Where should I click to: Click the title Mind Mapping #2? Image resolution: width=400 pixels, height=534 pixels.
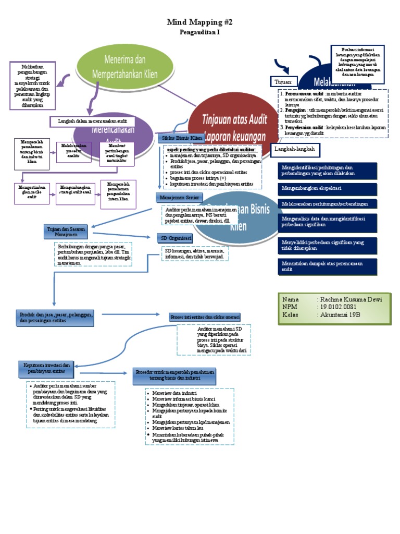point(199,22)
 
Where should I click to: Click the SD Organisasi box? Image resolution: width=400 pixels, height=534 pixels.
point(176,238)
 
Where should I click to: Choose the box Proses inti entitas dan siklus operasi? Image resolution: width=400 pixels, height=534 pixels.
point(205,317)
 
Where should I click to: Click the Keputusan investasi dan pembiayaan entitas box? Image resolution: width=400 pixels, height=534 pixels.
point(47,368)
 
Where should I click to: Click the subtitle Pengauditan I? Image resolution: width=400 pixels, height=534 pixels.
point(199,32)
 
